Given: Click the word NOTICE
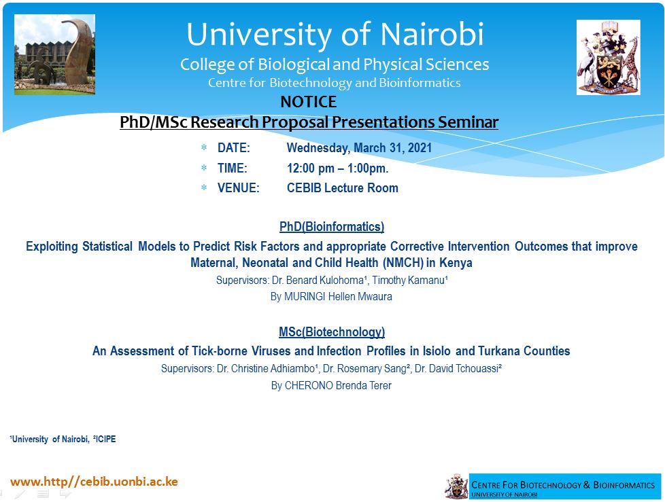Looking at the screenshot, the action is tap(308, 102).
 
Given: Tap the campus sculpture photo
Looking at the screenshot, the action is tap(54, 54).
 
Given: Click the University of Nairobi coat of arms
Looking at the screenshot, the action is tap(608, 57).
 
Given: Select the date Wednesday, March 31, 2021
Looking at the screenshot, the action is tap(359, 148).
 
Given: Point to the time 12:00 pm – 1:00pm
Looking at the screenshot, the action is tap(337, 168).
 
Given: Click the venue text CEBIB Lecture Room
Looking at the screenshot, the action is tap(343, 187).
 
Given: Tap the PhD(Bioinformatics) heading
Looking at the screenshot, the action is tap(332, 227).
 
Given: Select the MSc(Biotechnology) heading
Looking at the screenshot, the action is tap(332, 331).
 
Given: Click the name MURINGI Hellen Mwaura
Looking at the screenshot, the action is tap(338, 297).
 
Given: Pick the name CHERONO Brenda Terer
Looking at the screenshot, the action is tap(338, 386).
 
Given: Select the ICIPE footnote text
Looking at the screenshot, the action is tap(105, 439).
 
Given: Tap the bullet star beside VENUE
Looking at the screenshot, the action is tap(204, 187).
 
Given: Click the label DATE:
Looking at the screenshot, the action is tap(234, 148).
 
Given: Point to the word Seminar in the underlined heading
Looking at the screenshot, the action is tap(468, 122).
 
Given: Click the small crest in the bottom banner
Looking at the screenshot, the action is tap(456, 487).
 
